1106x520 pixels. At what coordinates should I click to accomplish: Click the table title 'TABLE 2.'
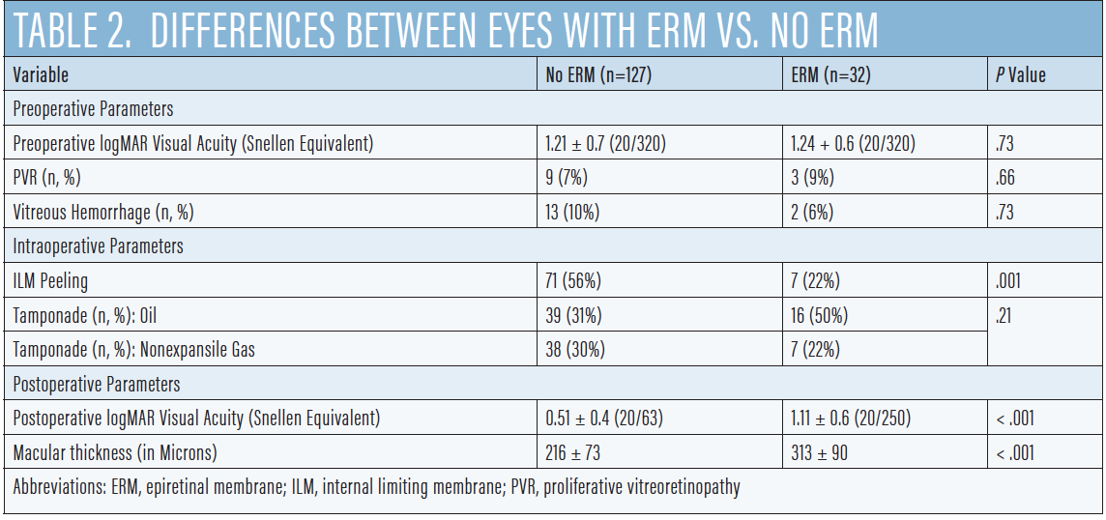72,31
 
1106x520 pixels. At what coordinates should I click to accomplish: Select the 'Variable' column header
41,75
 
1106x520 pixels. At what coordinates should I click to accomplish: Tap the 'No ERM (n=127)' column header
598,75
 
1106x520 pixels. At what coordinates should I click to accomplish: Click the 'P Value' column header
1020,75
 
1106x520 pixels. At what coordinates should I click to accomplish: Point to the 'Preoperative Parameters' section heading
93,109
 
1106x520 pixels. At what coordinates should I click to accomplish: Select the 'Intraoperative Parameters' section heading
98,246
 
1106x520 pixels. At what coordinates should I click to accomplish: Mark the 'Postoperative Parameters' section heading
96,385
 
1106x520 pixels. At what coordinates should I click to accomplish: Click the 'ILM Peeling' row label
50,281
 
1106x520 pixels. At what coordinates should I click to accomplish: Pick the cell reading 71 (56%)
573,281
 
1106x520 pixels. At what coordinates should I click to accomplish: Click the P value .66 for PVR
1005,178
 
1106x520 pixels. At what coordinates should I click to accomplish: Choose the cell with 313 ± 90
820,452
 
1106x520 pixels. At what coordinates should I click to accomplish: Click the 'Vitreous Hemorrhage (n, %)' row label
110,213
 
